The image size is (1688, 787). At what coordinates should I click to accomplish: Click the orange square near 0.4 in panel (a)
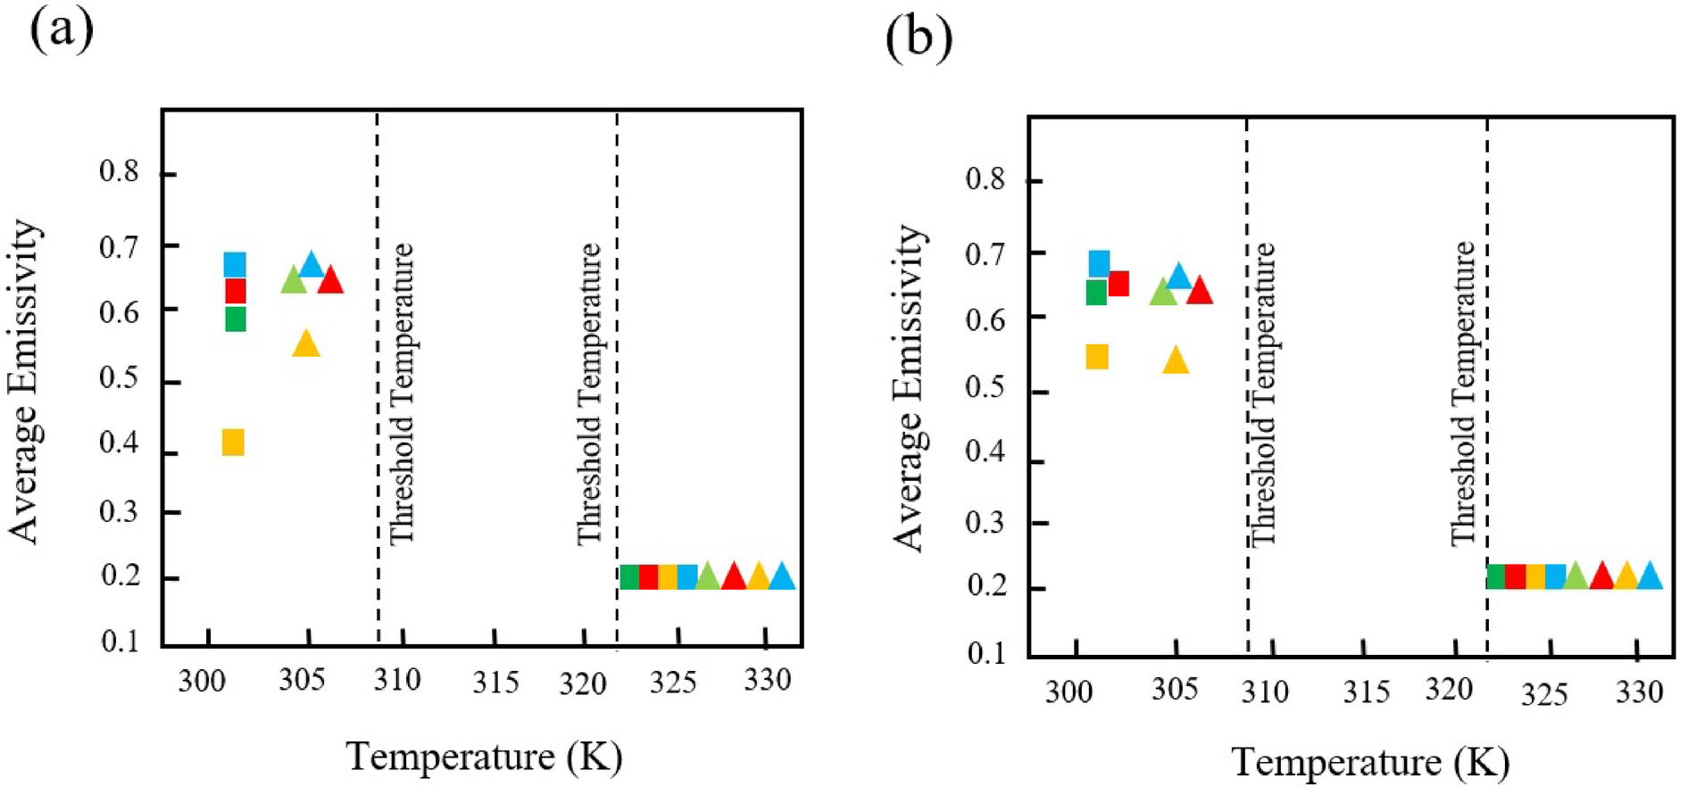233,443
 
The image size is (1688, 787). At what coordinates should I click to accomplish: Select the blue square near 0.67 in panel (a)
235,265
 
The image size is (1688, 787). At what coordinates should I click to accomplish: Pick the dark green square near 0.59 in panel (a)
235,319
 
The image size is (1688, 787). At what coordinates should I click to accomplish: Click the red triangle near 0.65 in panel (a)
330,281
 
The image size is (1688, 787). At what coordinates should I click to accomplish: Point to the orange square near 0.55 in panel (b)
1097,357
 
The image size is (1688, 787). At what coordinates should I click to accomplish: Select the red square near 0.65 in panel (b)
1118,284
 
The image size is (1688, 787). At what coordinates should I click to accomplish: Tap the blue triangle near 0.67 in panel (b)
1178,278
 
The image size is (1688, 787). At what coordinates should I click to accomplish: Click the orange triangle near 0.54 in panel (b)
1176,360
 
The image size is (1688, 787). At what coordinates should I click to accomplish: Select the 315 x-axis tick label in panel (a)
495,683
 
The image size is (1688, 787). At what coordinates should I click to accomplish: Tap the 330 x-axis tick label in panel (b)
1639,692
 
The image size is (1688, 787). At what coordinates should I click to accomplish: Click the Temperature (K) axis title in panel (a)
484,757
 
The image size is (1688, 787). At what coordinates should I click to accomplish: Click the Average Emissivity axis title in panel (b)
910,388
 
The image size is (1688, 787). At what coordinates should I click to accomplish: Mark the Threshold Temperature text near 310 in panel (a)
403,393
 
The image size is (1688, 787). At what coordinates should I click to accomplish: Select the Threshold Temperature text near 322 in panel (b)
1463,393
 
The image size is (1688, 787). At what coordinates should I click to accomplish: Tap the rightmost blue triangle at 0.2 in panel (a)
782,577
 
